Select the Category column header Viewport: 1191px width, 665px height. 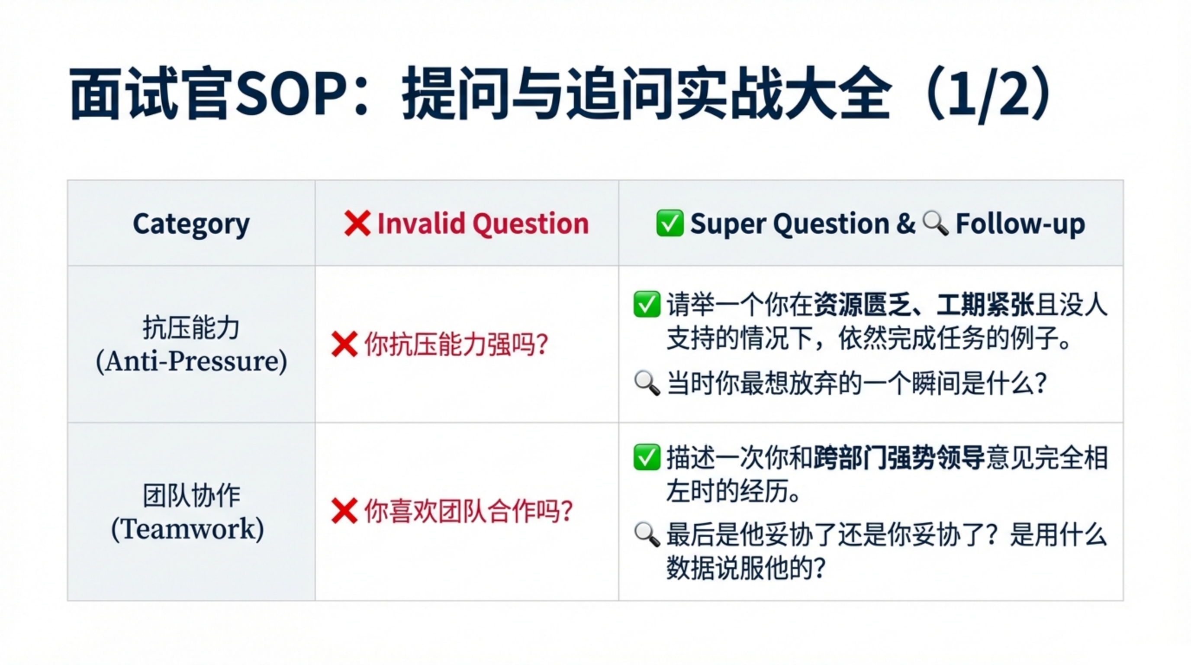point(191,224)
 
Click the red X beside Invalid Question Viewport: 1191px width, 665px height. point(357,223)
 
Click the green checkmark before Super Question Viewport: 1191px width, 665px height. point(670,223)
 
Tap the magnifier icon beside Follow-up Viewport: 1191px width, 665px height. point(935,223)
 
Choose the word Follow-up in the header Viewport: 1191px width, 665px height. point(1020,224)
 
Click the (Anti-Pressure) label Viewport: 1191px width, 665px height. point(191,361)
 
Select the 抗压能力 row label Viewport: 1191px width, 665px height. point(191,328)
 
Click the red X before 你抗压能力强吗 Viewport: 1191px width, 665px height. point(344,344)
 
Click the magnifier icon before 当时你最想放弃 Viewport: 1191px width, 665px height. point(647,383)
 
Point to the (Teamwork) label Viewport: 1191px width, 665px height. point(187,529)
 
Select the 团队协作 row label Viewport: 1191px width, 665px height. point(191,495)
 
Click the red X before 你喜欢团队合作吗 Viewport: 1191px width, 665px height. point(344,511)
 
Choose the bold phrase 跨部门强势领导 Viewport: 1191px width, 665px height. point(899,458)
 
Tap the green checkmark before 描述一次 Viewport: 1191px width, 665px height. point(647,457)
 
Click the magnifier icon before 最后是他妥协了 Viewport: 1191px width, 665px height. point(647,535)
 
